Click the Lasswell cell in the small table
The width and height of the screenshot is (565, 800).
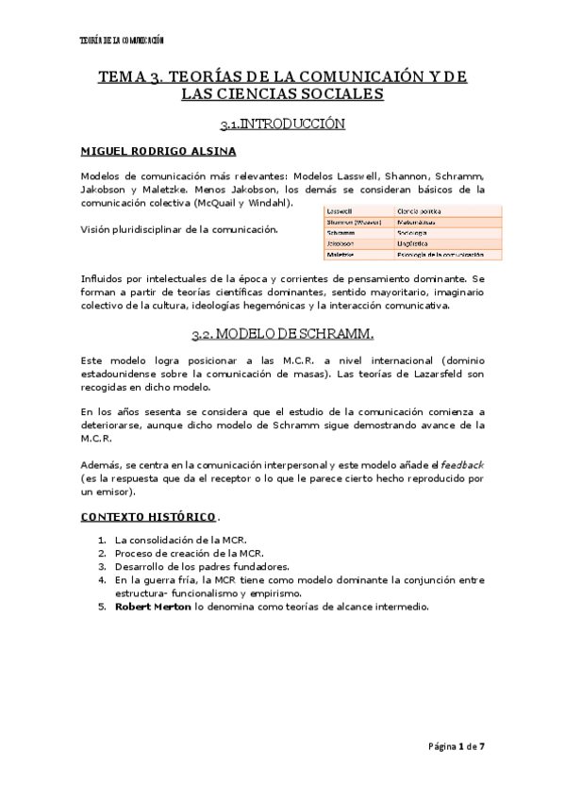pyautogui.click(x=341, y=210)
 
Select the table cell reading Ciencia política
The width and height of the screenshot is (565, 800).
pyautogui.click(x=420, y=210)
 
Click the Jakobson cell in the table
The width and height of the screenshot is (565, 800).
pyautogui.click(x=342, y=243)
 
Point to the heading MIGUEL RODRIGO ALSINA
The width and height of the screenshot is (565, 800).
pyautogui.click(x=158, y=151)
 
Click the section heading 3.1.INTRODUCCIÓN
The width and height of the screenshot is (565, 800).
pyautogui.click(x=282, y=124)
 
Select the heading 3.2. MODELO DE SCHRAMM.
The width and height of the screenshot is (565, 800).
pyautogui.click(x=282, y=333)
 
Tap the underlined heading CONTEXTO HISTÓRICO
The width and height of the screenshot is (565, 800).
pyautogui.click(x=147, y=517)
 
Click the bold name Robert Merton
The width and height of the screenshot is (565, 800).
pyautogui.click(x=153, y=608)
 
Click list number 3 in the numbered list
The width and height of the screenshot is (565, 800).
pyautogui.click(x=102, y=566)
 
